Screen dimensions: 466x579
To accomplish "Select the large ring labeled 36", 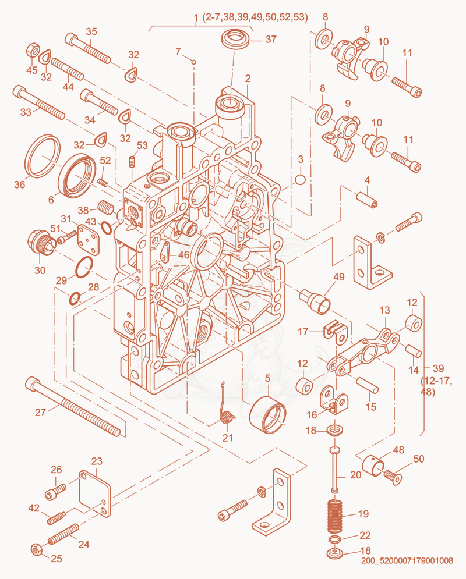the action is click(x=43, y=156).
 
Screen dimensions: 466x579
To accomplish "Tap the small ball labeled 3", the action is click(x=301, y=179).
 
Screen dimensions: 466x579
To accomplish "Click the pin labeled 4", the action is click(x=366, y=200).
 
